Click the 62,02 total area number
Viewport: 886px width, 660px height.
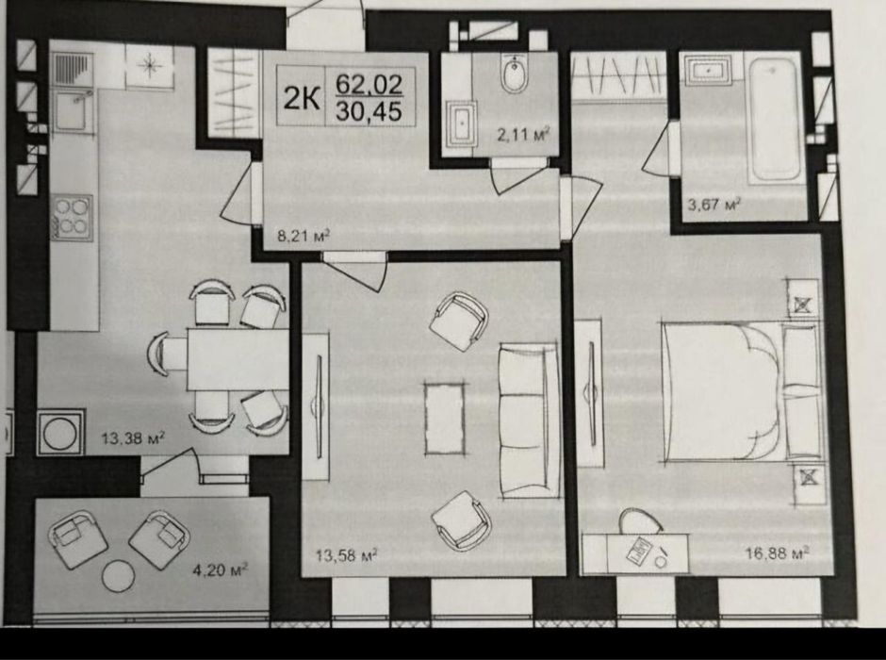(x=369, y=85)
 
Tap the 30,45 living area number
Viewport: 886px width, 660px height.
(x=369, y=111)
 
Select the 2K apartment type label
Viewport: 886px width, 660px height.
(x=302, y=98)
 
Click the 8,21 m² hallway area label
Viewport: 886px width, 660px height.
(x=304, y=235)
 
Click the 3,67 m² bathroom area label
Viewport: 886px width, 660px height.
(x=714, y=204)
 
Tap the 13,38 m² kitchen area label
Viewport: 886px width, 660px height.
(x=133, y=437)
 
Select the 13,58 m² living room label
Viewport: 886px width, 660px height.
(x=346, y=555)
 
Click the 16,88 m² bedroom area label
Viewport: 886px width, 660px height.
(x=778, y=553)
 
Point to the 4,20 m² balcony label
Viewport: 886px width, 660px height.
(x=221, y=569)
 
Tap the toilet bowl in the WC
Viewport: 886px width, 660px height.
(x=515, y=74)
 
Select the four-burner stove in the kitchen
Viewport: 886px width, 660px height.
(x=73, y=218)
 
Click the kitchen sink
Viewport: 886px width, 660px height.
(x=73, y=111)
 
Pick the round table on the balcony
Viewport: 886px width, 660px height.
(x=119, y=575)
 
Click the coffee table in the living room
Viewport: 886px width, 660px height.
(x=445, y=419)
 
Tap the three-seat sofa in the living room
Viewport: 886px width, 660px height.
(x=529, y=421)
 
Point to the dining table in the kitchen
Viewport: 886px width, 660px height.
(x=238, y=359)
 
